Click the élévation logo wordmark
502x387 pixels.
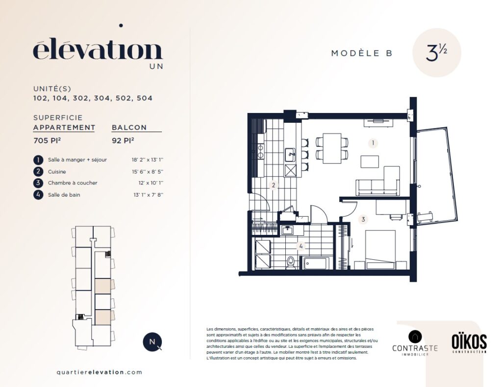[98, 50]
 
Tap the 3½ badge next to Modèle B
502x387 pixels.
[436, 53]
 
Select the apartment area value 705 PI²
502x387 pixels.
[48, 140]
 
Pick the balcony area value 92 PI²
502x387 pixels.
[123, 140]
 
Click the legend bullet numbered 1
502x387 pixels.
[38, 160]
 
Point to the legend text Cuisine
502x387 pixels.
[57, 172]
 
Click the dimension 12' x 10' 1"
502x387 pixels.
[151, 183]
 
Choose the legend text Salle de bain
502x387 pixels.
[64, 195]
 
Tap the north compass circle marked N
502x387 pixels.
[152, 341]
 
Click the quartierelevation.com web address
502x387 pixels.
[99, 372]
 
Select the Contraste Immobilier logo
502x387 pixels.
[415, 343]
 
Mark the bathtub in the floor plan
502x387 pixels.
[316, 263]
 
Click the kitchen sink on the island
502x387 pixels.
[290, 155]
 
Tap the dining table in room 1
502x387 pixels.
[332, 148]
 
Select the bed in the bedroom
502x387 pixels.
[380, 250]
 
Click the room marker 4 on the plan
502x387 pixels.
[301, 246]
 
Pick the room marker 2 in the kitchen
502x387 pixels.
[274, 185]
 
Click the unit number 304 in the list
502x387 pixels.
[102, 98]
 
